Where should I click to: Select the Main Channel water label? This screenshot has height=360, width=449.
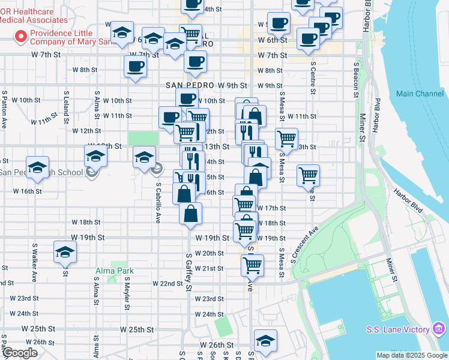click(420, 94)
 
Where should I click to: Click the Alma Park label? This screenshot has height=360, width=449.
click(114, 271)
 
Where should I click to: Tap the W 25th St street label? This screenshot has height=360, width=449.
click(137, 329)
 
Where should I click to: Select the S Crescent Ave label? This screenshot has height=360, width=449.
click(304, 244)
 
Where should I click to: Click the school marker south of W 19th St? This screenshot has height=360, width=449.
click(65, 252)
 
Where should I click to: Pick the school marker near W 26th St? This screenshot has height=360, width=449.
click(265, 340)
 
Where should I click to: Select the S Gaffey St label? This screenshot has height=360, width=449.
click(188, 272)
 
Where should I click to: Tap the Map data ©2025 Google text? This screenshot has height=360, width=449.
click(412, 355)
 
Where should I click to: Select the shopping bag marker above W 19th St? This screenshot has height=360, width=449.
click(190, 214)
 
